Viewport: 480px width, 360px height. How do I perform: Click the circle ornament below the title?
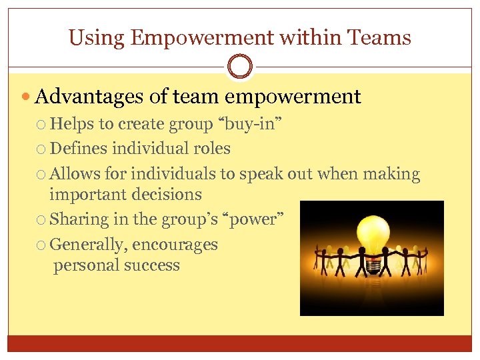[x=240, y=67]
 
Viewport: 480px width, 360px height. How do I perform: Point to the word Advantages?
[x=89, y=97]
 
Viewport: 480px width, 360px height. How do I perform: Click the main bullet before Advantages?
[x=26, y=98]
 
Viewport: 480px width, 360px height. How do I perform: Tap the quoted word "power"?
[x=253, y=219]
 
